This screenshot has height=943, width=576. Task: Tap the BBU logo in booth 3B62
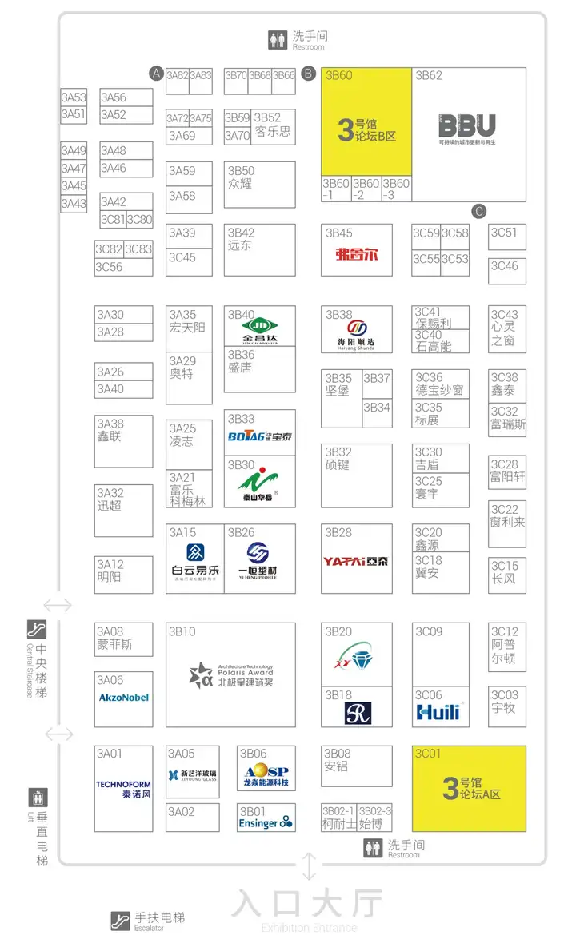pos(467,126)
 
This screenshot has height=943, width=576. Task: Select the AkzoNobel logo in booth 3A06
pos(123,698)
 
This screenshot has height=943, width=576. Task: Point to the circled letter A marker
pos(156,74)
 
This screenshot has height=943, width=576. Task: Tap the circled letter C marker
pos(479,212)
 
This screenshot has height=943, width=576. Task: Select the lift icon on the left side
pos(38,797)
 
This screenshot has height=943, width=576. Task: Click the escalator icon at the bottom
pos(121,921)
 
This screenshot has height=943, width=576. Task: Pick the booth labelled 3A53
pos(74,97)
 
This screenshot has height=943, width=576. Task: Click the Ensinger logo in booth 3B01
pos(266,822)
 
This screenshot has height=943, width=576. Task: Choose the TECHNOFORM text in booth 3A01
pos(123,785)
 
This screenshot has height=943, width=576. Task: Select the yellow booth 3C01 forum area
pos(469,788)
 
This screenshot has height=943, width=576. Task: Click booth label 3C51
pos(504,233)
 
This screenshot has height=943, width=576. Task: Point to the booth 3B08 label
pos(337,754)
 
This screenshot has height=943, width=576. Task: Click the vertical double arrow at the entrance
pos(309,868)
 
